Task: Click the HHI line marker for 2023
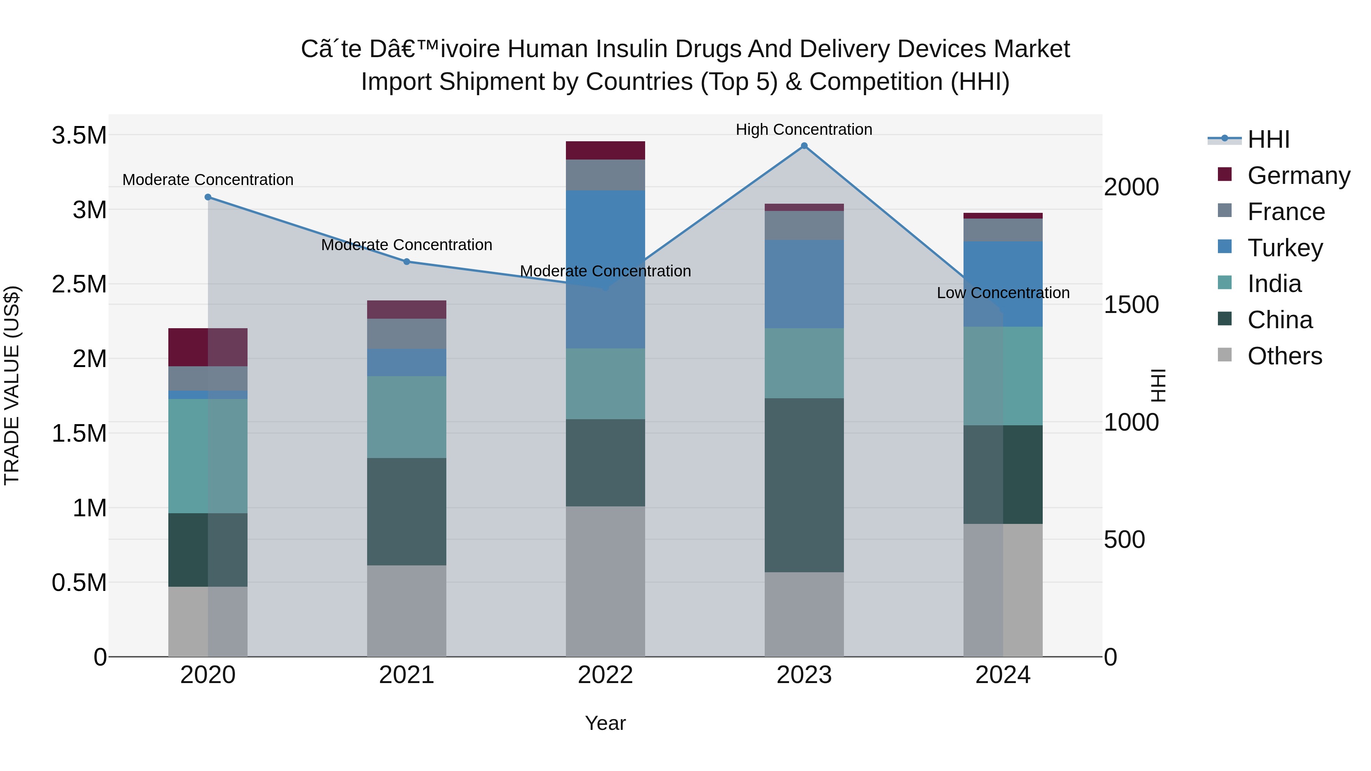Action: click(804, 146)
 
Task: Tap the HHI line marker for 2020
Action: click(208, 197)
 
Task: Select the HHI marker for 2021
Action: click(407, 261)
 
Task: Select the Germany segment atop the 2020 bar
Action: click(208, 347)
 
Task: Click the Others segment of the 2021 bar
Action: click(407, 610)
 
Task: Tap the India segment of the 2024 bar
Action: click(1003, 376)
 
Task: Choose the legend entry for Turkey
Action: click(1284, 248)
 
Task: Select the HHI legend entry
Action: click(1268, 139)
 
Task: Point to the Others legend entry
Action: click(1284, 356)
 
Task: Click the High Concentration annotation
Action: click(804, 129)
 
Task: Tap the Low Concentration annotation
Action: click(1003, 293)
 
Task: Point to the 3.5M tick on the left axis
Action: click(79, 136)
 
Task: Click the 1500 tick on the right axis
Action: click(1131, 305)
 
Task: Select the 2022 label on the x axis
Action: click(605, 675)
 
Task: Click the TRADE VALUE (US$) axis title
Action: click(12, 385)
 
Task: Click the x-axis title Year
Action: click(605, 723)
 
